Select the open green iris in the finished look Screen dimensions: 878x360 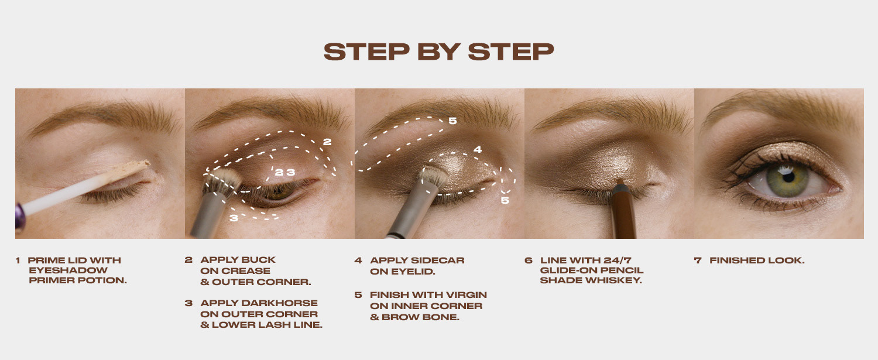point(787,179)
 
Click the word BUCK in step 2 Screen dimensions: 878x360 point(257,260)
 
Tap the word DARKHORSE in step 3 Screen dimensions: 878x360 point(279,303)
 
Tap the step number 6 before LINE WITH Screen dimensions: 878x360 point(529,260)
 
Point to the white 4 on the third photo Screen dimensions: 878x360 point(478,149)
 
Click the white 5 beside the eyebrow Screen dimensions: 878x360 point(452,121)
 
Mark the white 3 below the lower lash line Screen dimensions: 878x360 point(234,218)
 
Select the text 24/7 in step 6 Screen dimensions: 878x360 point(618,260)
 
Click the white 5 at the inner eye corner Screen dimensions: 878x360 point(505,200)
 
